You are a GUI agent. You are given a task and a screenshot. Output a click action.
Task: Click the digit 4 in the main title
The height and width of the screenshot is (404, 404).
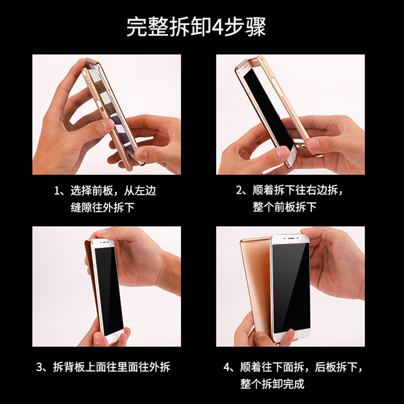217,27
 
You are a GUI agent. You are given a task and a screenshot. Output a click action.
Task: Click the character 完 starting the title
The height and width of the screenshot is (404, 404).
137,27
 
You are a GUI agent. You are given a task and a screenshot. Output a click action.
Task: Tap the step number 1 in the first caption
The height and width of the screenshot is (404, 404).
57,191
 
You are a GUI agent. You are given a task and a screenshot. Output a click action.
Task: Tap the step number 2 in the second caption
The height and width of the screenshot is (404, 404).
239,190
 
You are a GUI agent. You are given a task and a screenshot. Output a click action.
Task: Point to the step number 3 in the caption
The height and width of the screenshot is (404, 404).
39,367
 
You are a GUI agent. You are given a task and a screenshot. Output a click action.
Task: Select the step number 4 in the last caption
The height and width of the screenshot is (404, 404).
226,367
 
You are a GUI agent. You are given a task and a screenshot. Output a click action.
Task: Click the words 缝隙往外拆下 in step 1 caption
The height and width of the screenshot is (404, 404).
102,207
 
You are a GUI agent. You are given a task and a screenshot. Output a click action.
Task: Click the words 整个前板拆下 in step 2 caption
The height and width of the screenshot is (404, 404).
284,207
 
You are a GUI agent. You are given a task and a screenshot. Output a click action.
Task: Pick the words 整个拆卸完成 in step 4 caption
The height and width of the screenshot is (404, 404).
273,384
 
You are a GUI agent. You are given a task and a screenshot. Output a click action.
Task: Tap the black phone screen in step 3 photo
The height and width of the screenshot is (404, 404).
109,290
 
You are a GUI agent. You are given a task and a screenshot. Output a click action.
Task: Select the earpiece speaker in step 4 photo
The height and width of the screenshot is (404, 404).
291,238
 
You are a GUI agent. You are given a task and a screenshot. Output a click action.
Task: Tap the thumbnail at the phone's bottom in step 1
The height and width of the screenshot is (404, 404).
141,153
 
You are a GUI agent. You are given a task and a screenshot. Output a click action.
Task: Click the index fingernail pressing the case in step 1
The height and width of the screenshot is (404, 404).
108,125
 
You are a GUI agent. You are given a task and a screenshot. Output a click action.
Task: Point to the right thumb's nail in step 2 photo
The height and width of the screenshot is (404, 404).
313,144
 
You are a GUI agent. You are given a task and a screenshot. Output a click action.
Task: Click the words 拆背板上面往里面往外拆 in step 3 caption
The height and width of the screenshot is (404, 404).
112,367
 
